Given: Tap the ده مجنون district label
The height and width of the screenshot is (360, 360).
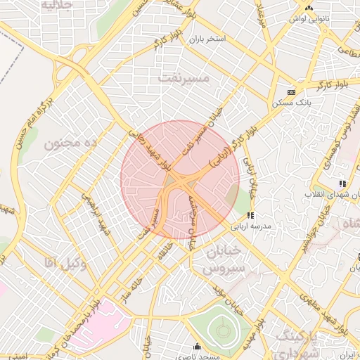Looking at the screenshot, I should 70,143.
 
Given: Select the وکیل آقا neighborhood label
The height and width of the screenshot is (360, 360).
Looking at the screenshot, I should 64,263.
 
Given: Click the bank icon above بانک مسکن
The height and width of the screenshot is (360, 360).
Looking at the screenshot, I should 291,92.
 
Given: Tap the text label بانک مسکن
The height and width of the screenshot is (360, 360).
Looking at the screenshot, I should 291,103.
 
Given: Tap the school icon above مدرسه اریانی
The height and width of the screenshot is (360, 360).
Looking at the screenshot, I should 250,216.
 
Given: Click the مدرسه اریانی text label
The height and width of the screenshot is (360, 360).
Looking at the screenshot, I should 261,226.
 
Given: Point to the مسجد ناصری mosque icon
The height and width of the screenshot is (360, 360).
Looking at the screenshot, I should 197,347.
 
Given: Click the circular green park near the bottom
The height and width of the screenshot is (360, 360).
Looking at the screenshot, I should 222,328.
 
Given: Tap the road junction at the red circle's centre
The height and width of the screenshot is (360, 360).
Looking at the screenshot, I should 180,181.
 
